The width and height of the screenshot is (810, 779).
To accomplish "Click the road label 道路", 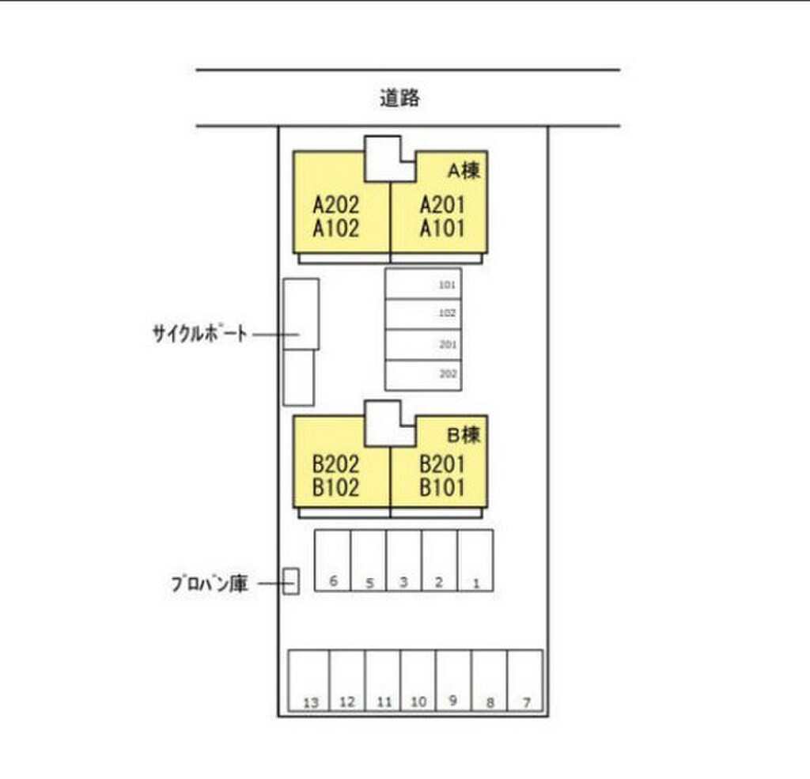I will click(x=399, y=99).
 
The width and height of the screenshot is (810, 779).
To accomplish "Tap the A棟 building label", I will click(x=464, y=169).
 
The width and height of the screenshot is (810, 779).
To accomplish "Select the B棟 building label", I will click(x=464, y=433).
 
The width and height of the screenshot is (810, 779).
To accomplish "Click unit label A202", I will click(x=335, y=206).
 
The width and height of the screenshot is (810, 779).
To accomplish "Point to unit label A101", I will click(x=442, y=229).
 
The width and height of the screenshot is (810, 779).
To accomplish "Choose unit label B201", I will click(x=442, y=464).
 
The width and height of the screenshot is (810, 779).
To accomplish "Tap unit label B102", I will click(x=335, y=487).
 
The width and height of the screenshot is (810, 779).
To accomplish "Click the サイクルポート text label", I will click(x=200, y=334).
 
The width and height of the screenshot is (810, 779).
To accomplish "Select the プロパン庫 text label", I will click(x=210, y=584).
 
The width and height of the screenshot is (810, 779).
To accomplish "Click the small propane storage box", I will click(x=291, y=581).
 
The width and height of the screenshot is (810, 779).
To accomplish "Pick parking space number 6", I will click(x=333, y=561).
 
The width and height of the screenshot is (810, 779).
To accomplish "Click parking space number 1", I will click(x=475, y=561).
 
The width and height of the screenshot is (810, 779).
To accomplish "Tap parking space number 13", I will click(x=309, y=683).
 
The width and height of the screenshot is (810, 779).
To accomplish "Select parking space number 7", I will click(x=524, y=683).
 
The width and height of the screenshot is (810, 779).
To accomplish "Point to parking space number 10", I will click(x=418, y=683).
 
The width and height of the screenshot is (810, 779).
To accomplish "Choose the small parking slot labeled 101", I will click(x=423, y=284).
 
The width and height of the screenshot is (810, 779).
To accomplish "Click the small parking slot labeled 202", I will click(x=423, y=375).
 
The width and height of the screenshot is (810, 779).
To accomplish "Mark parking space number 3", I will click(x=403, y=561).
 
